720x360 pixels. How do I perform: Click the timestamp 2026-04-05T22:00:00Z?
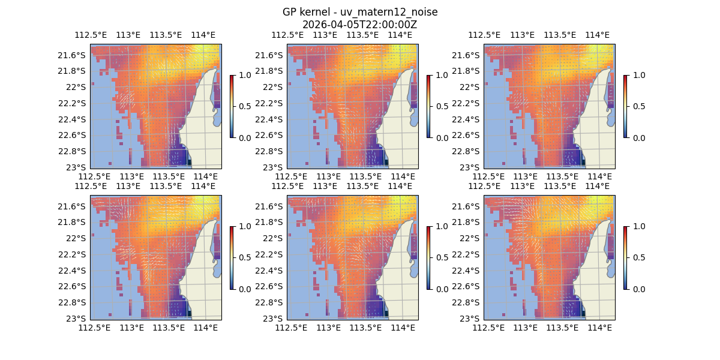click(359, 25)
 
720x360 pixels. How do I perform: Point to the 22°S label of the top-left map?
click(76, 87)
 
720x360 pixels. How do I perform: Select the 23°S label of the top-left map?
click(76, 167)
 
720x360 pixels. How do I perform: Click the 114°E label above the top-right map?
click(597, 35)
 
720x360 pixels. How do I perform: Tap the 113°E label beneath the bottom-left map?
click(131, 328)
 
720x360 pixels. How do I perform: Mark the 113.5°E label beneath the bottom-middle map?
click(365, 328)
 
